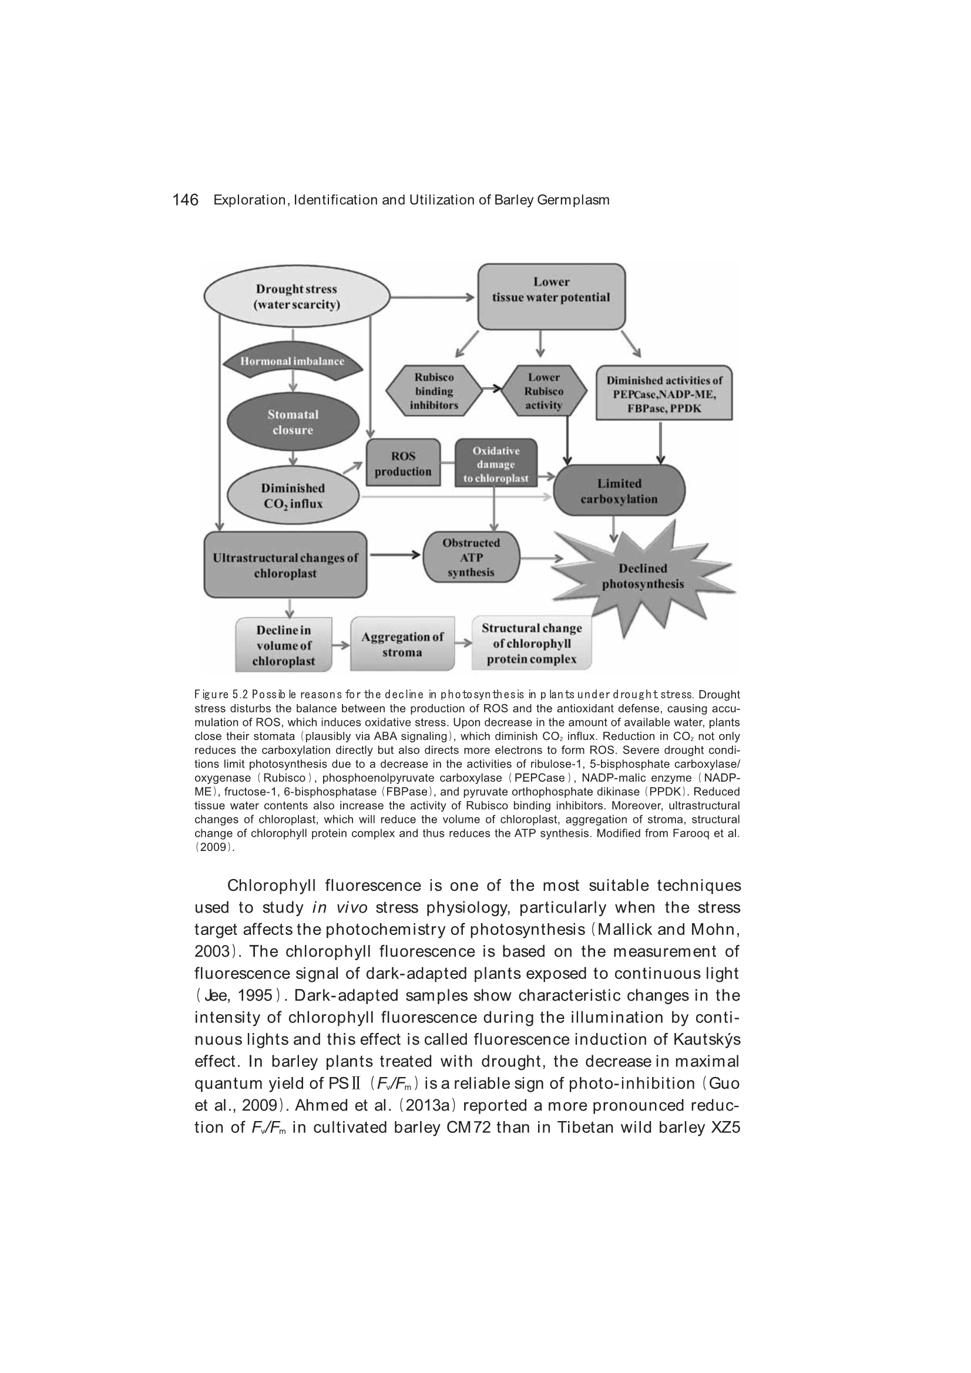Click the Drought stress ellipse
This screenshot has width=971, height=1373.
click(296, 297)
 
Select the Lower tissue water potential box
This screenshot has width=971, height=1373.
click(551, 297)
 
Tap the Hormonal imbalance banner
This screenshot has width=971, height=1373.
click(292, 361)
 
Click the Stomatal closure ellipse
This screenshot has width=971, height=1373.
click(293, 422)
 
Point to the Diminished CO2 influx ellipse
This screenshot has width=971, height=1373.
click(293, 496)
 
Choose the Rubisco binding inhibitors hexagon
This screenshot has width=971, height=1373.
click(434, 391)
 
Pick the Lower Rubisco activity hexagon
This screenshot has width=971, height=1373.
click(544, 391)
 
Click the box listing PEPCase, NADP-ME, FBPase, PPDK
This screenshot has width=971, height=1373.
click(664, 393)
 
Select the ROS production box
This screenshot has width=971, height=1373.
click(402, 463)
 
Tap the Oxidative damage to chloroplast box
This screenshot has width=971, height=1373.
click(496, 464)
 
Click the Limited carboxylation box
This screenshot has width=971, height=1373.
click(619, 491)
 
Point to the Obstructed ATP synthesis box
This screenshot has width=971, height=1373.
click(471, 557)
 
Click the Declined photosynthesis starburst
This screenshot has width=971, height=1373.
click(643, 576)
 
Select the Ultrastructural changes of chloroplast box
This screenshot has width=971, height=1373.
click(285, 565)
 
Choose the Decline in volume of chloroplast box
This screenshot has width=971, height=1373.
click(284, 645)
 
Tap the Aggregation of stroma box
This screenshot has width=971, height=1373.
click(402, 644)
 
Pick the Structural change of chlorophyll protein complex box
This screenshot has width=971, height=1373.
click(531, 644)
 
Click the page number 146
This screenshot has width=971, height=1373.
click(185, 200)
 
